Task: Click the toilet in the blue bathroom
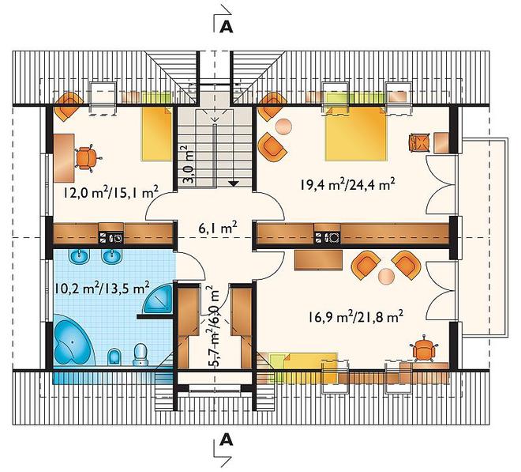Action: pyautogui.click(x=141, y=354)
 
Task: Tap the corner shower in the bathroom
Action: pyautogui.click(x=159, y=298)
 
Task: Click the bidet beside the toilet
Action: pyautogui.click(x=114, y=357)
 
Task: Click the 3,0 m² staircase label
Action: pyautogui.click(x=189, y=164)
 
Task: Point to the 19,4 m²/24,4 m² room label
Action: pyautogui.click(x=347, y=183)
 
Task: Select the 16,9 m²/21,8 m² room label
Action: pyautogui.click(x=355, y=316)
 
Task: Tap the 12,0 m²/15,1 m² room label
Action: pyautogui.click(x=111, y=192)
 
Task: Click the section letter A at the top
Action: pyautogui.click(x=227, y=27)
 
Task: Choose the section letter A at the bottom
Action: pyautogui.click(x=227, y=440)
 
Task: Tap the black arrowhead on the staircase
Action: pyautogui.click(x=234, y=183)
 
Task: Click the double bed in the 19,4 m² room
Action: pyautogui.click(x=356, y=134)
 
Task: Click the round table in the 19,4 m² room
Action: pyautogui.click(x=283, y=126)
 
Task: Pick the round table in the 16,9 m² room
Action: pyautogui.click(x=387, y=276)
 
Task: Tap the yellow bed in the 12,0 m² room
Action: pyautogui.click(x=157, y=134)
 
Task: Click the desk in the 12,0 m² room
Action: pyautogui.click(x=64, y=158)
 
